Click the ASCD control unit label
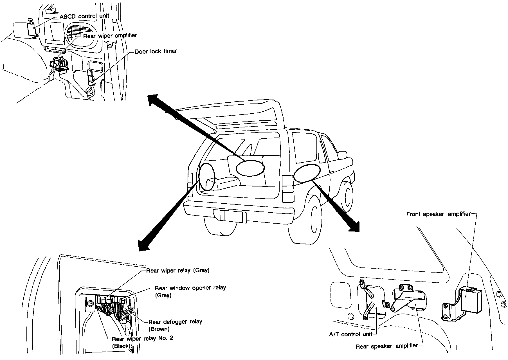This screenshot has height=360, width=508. point(84,16)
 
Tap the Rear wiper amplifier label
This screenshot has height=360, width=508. point(110,35)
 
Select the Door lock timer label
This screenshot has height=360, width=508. point(156,51)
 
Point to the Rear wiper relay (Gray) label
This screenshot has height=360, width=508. point(178,271)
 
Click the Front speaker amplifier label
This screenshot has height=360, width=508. point(438,214)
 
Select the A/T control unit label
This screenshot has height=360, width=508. point(350,334)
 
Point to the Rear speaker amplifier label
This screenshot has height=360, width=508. point(387,346)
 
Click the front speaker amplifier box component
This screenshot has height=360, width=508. point(469,299)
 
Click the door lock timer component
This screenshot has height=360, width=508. point(91,77)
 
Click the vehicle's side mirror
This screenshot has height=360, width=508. point(342,154)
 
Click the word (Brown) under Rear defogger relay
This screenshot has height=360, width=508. point(159,329)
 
